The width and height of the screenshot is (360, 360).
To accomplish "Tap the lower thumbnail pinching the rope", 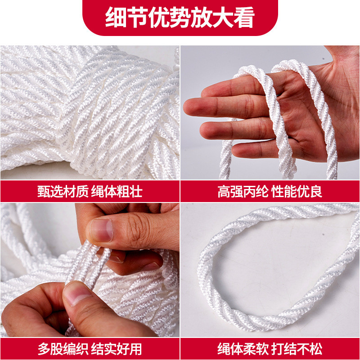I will tap(76, 295).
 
